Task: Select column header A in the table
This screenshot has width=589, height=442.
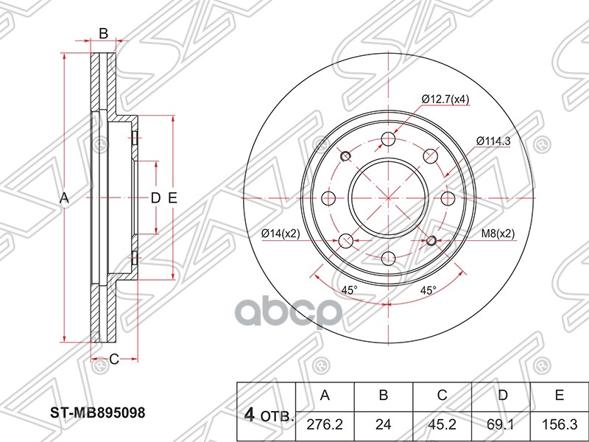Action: click(x=324, y=396)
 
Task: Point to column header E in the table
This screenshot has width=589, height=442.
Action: click(x=560, y=396)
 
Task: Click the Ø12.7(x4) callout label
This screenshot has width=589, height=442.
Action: click(x=445, y=99)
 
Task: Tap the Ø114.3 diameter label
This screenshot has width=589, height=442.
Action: click(x=493, y=140)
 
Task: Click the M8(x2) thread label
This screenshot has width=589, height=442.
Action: click(x=498, y=234)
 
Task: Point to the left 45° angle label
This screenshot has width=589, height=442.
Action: click(x=349, y=290)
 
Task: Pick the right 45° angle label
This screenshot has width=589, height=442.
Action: click(x=428, y=290)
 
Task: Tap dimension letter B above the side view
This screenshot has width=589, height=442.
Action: click(x=104, y=33)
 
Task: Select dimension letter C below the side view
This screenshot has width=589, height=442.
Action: click(x=113, y=359)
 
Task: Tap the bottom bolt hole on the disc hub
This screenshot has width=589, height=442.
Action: click(x=388, y=256)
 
